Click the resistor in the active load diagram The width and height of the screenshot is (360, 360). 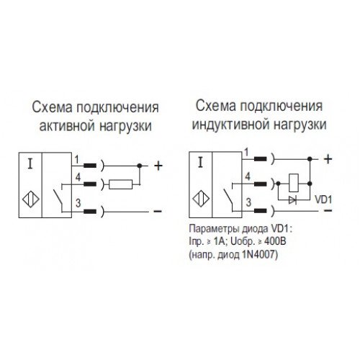[120, 184]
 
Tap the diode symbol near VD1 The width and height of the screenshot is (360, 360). [292, 199]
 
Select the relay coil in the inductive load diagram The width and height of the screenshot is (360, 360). [294, 183]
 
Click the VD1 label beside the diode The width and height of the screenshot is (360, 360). [323, 199]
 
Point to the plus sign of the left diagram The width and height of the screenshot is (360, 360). [158, 166]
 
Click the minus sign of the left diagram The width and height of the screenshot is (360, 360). [158, 211]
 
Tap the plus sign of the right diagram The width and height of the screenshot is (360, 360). [328, 159]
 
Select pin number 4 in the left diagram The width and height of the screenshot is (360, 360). [78, 178]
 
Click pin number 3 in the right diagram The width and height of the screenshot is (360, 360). [248, 202]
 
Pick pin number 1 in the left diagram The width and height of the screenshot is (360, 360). [76, 159]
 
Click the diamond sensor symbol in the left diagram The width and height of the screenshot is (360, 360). [31, 199]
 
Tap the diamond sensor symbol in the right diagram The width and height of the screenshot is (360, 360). [201, 199]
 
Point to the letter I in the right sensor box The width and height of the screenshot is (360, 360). [201, 162]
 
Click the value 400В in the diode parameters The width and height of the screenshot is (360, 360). [275, 241]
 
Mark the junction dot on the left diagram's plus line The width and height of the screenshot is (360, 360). [139, 166]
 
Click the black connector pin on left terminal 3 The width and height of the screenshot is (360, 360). [90, 212]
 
